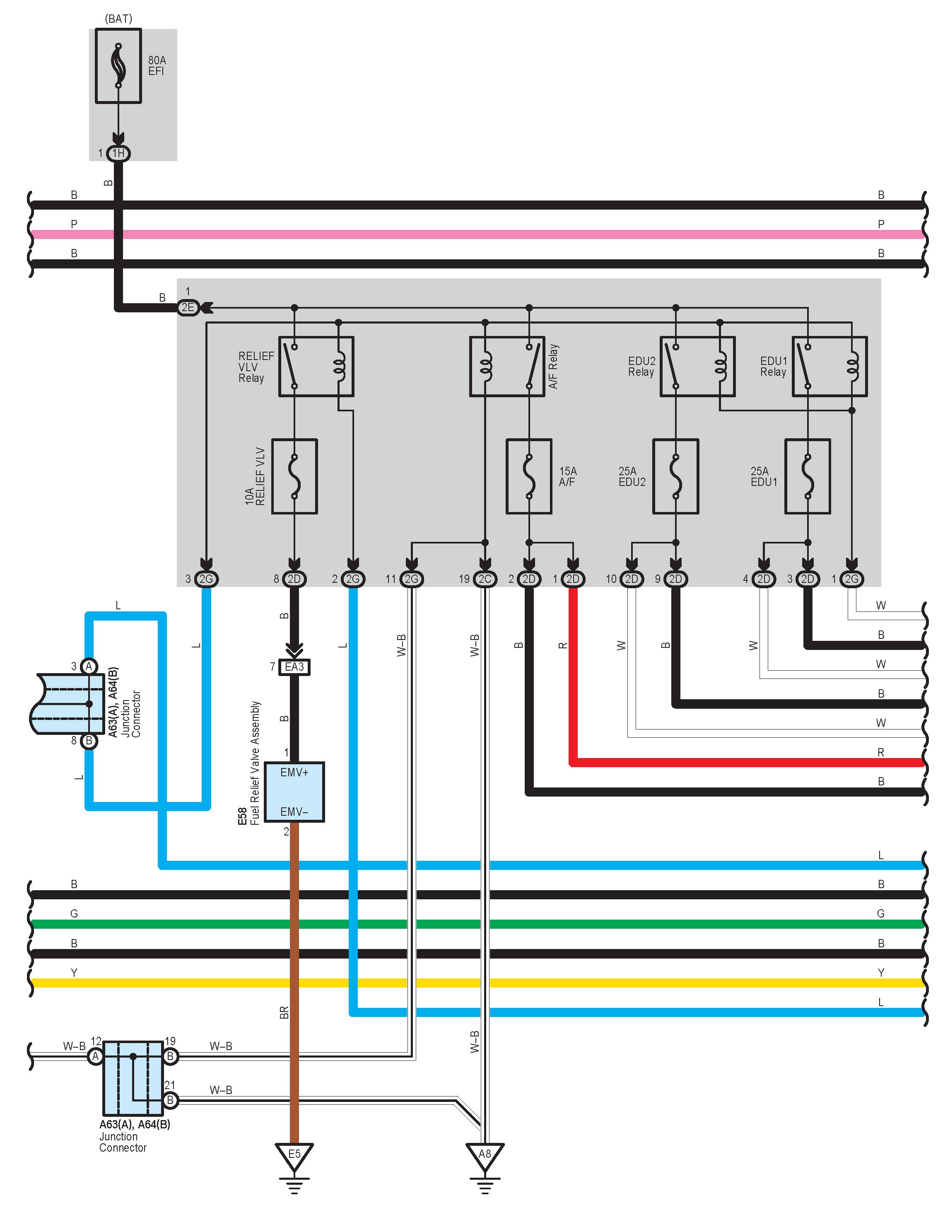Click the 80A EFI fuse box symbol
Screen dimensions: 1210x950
(x=118, y=66)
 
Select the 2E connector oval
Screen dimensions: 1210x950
(x=188, y=307)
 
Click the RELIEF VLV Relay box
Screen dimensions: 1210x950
(x=316, y=366)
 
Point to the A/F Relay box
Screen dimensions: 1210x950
(x=507, y=366)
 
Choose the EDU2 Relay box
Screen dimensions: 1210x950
(x=697, y=366)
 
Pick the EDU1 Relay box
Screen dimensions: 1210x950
(x=829, y=366)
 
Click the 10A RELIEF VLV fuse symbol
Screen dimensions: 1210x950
(x=294, y=476)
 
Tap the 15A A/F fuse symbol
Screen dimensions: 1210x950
(x=529, y=476)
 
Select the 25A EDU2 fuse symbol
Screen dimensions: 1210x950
(x=675, y=476)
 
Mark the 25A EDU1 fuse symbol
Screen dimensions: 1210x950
(x=808, y=476)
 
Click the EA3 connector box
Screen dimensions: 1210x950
(x=294, y=667)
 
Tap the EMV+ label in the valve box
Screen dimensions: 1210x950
(x=294, y=772)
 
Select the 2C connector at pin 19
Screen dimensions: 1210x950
(x=485, y=579)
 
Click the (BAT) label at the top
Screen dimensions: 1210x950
(x=118, y=19)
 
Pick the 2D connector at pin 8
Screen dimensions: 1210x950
(x=294, y=579)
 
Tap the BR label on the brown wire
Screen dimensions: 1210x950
(x=284, y=1012)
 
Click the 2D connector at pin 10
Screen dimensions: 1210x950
(x=631, y=579)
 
